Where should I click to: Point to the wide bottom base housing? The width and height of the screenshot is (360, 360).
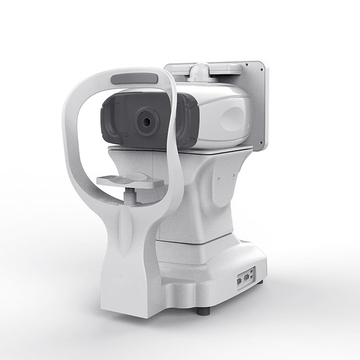point(200,285)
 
